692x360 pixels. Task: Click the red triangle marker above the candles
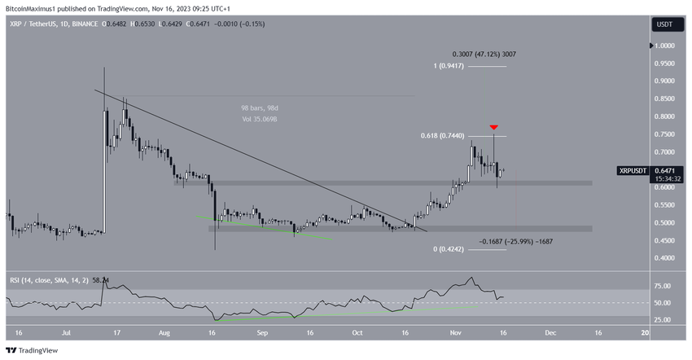tap(493, 128)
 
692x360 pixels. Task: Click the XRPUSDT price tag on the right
tap(633, 171)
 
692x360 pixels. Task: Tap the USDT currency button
tap(665, 24)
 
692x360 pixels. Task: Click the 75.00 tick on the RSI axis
tap(663, 286)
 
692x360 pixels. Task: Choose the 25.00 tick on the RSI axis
tap(663, 319)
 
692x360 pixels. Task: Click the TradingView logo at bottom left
tap(34, 351)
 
